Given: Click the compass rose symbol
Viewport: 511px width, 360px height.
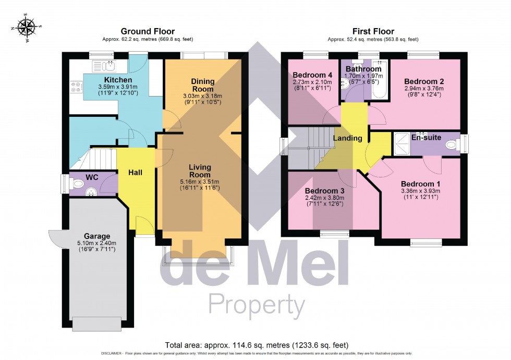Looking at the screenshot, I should click(26, 26).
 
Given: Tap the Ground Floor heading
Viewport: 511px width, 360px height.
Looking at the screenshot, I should click(148, 31).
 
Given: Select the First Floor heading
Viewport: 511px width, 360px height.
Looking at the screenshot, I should click(374, 31).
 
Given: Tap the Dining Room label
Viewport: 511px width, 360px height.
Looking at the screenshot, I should click(202, 85).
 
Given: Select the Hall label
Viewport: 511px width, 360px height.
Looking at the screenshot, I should click(135, 172).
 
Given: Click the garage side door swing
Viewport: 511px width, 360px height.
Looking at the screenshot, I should click(56, 238).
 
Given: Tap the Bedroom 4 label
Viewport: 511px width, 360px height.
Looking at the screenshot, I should click(310, 75).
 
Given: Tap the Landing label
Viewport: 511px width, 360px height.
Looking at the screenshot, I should click(348, 138).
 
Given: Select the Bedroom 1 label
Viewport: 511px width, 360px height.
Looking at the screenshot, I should click(420, 184).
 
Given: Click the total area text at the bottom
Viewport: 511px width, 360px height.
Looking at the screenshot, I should click(256, 345).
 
